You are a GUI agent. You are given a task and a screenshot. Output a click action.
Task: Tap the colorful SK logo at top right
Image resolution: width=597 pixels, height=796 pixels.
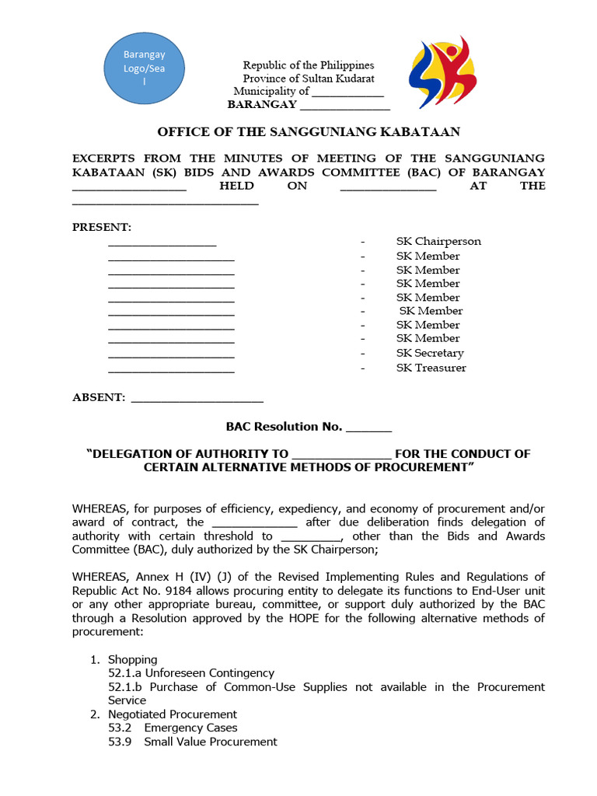click(x=443, y=72)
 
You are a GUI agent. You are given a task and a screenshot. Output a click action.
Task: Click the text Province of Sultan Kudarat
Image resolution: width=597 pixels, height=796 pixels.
click(x=308, y=79)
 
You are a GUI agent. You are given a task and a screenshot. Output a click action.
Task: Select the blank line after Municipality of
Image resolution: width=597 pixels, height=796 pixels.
click(x=347, y=92)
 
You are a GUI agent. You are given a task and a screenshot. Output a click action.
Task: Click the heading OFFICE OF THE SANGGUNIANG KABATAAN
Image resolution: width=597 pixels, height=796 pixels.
click(x=309, y=132)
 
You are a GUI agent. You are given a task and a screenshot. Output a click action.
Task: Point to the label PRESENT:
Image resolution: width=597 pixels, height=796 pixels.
click(x=102, y=227)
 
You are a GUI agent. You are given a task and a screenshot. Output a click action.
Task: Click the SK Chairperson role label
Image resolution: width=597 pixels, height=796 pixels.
click(x=438, y=241)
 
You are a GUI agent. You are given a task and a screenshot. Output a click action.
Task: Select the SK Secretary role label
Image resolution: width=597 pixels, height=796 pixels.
click(x=430, y=353)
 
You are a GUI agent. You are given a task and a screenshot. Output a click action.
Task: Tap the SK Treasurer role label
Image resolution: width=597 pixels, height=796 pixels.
click(x=431, y=368)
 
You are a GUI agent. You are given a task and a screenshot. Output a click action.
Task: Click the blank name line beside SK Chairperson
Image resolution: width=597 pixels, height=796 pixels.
click(x=162, y=243)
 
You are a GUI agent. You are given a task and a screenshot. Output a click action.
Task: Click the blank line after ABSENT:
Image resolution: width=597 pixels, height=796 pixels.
click(x=197, y=399)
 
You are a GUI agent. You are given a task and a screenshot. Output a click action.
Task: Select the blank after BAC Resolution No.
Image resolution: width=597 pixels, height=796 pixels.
click(x=368, y=428)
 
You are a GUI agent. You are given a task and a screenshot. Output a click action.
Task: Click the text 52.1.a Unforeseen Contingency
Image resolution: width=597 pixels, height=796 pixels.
click(x=191, y=673)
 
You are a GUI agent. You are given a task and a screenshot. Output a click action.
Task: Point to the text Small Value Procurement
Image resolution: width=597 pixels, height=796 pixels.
click(x=210, y=742)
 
